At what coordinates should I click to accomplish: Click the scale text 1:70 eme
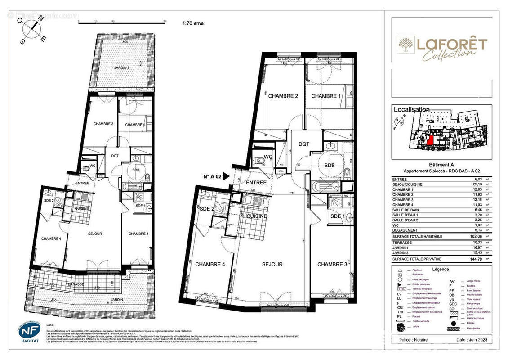[193, 23]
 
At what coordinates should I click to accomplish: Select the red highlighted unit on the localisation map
[430, 140]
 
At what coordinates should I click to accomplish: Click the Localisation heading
[411, 109]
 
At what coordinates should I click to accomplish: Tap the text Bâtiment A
[442, 165]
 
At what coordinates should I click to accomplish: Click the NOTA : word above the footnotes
[50, 324]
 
